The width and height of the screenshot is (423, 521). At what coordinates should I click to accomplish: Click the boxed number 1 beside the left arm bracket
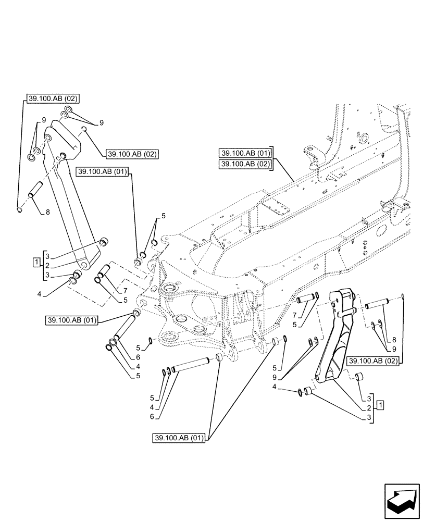[x=35, y=262]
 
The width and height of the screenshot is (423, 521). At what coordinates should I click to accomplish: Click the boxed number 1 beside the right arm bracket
[x=381, y=404]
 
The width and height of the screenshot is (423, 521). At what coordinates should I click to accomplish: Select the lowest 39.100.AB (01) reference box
[x=180, y=438]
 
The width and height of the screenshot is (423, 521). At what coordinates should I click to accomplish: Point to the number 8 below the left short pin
[x=48, y=212]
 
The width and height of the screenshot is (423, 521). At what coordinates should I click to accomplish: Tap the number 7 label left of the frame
[x=126, y=290]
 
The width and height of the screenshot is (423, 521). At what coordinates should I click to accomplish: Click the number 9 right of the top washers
[x=101, y=122]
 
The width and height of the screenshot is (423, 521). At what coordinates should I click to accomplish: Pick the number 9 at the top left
[x=37, y=119]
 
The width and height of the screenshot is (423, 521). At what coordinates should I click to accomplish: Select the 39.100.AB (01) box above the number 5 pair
[x=104, y=172]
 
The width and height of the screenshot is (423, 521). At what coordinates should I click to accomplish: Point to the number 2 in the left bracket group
[x=47, y=265]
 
